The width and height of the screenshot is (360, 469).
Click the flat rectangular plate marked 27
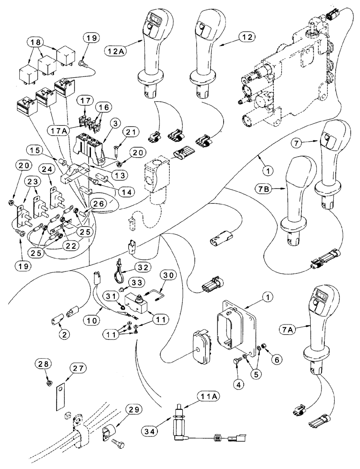tap(60, 394)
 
